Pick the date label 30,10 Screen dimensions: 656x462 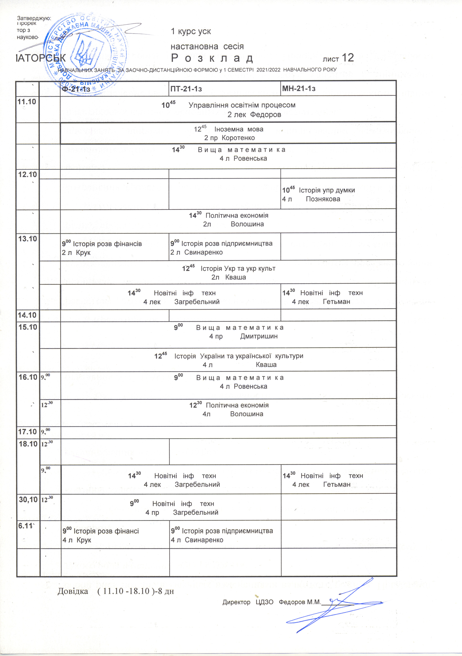coord(28,499)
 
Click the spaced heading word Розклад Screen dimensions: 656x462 coord(212,58)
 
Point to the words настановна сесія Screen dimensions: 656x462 coord(207,46)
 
